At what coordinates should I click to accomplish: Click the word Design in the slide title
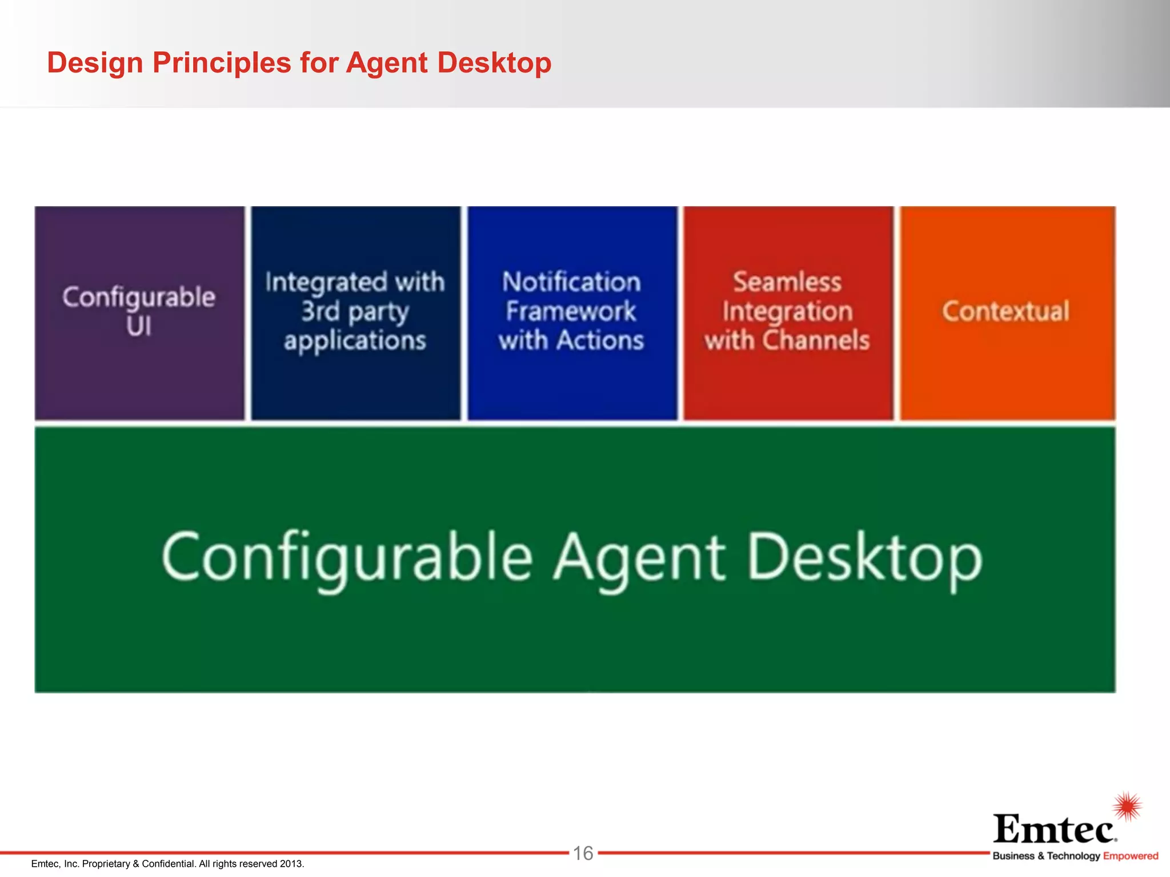(x=95, y=63)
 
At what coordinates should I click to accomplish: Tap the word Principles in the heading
(x=222, y=63)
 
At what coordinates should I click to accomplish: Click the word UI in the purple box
(x=139, y=327)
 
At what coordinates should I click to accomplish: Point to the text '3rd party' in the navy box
(x=355, y=312)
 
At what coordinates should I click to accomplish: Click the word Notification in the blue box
(x=571, y=282)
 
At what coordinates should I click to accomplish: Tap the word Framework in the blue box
(x=571, y=311)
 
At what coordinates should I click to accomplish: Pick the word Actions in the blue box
(x=600, y=340)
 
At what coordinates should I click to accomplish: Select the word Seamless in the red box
(x=787, y=282)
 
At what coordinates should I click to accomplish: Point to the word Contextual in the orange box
(x=1005, y=312)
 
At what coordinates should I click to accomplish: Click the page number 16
(x=583, y=854)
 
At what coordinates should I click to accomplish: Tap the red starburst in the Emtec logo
(x=1128, y=806)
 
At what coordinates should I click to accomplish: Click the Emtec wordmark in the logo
(x=1055, y=829)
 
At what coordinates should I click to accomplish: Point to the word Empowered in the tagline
(x=1131, y=856)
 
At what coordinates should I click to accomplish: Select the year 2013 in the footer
(x=291, y=864)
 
